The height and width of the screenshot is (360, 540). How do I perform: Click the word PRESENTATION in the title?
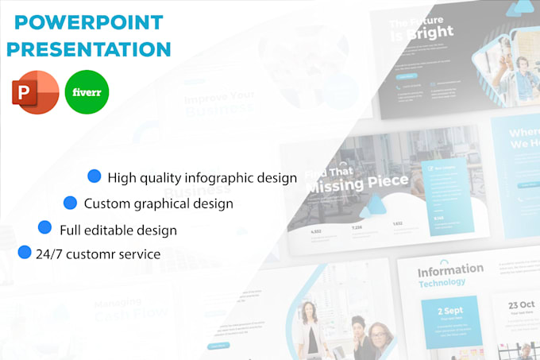88,48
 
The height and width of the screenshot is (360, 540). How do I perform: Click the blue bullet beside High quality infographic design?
94,176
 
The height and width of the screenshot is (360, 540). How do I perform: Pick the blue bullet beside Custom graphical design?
71,203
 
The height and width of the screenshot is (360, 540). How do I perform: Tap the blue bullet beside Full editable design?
46,229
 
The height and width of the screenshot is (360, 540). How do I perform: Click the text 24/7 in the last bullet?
49,255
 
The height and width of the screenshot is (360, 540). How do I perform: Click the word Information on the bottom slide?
450,269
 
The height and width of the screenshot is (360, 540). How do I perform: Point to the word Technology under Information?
442,282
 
